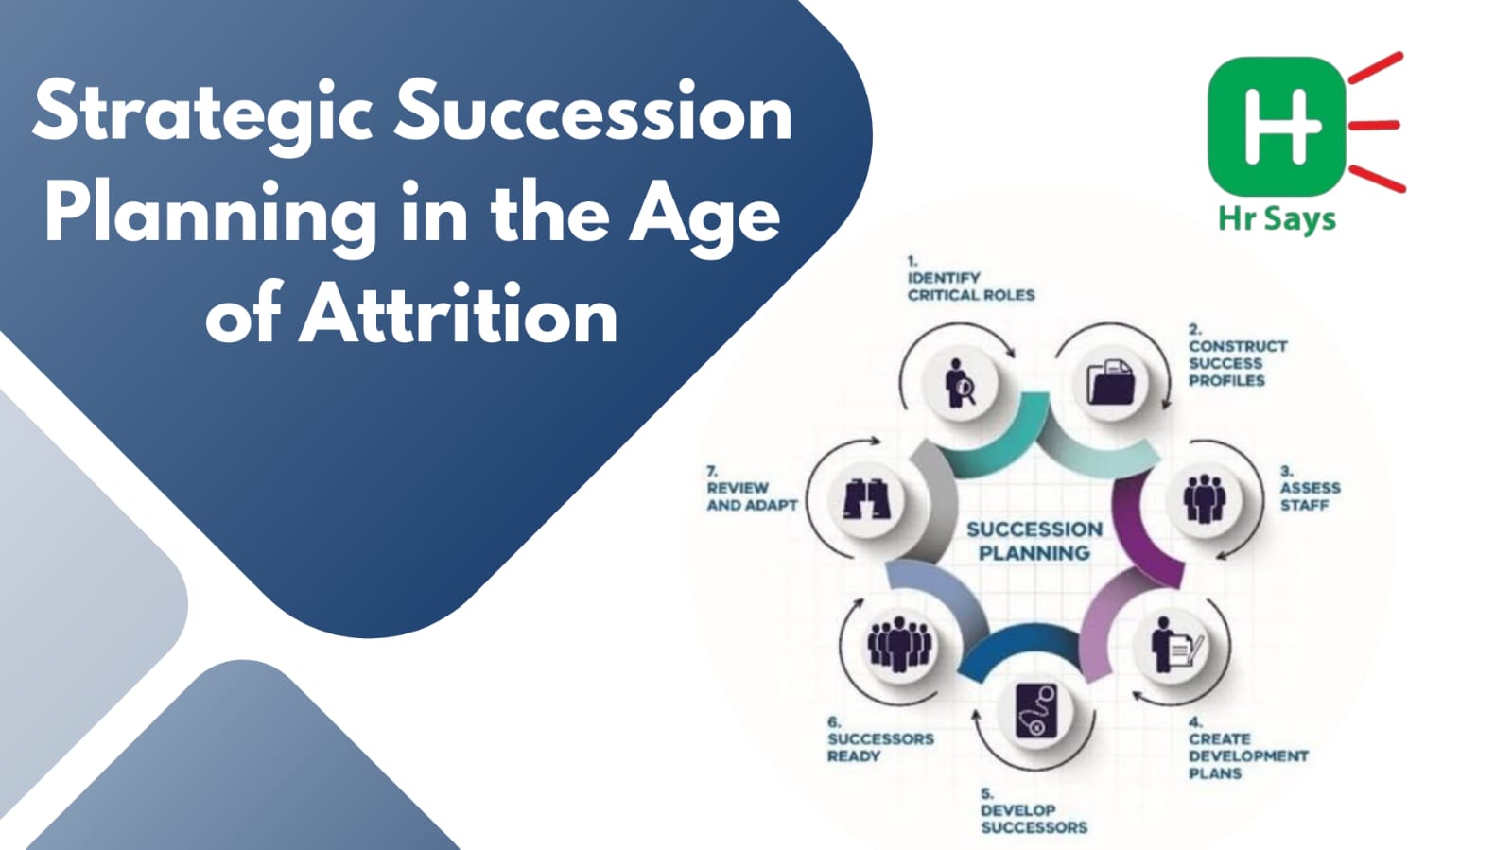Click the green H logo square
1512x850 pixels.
[x=1277, y=127]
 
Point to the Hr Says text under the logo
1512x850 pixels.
[x=1277, y=220]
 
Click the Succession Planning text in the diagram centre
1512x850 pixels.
[x=1034, y=541]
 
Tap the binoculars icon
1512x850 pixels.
[x=867, y=499]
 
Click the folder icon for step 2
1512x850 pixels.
[x=1110, y=382]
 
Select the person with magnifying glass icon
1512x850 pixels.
[x=959, y=383]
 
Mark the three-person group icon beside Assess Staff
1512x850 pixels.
[x=1204, y=498]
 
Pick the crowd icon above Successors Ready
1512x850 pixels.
[x=900, y=643]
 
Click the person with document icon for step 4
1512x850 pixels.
[x=1176, y=645]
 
